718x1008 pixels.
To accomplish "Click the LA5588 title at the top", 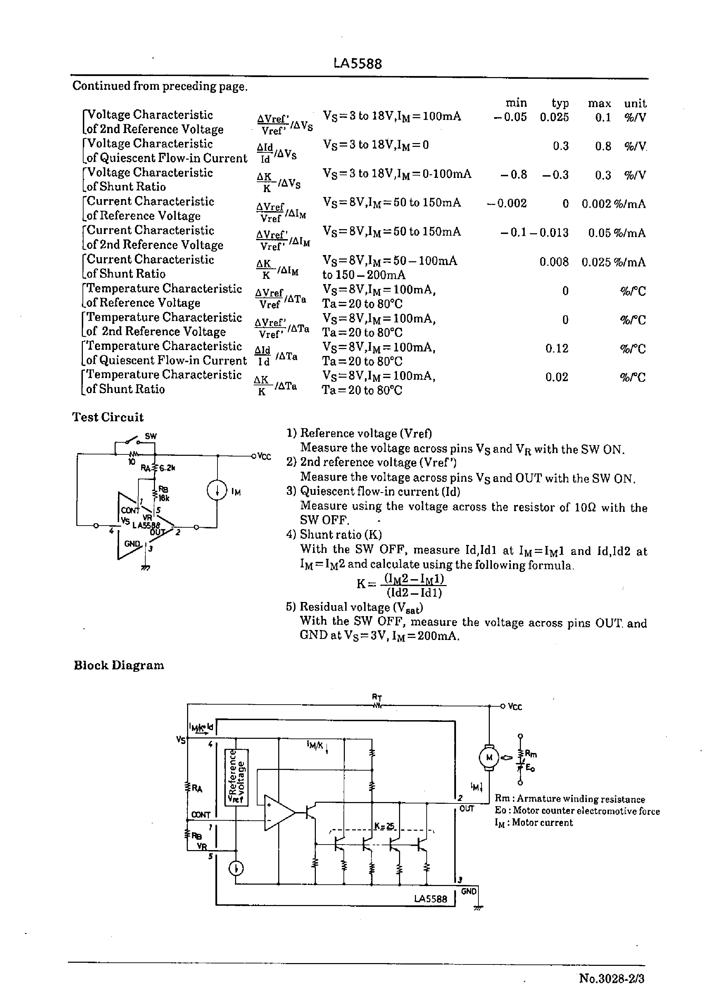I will (358, 64).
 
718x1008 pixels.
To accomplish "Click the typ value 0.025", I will (554, 117).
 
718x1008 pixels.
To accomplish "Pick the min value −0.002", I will (507, 204).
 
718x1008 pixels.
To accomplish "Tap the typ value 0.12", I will (557, 349).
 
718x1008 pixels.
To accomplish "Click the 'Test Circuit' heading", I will (108, 417).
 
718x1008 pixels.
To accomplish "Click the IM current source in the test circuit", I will (217, 491).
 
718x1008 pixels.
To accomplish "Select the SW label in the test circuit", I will (151, 436).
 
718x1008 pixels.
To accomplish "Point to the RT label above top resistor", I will (377, 698).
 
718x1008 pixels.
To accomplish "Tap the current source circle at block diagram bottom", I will (236, 869).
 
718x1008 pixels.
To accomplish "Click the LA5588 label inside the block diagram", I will (430, 899).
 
